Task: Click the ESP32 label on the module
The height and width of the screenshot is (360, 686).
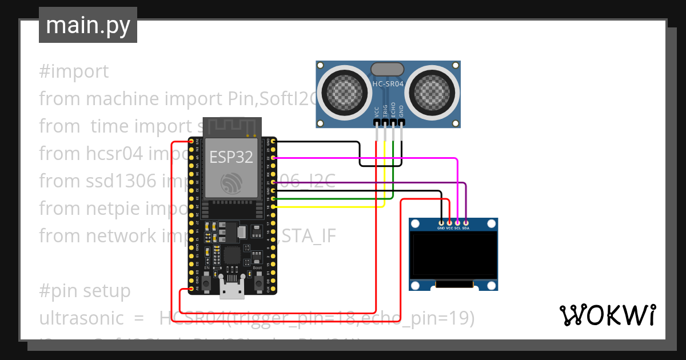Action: point(231,157)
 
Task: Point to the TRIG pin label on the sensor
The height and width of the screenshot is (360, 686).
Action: point(385,110)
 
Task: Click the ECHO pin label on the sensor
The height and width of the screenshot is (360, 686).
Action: point(393,110)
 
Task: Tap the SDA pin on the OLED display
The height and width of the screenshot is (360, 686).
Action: point(466,222)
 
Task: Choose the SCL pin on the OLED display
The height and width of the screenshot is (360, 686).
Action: point(457,222)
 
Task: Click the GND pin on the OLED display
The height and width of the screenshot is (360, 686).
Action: point(441,222)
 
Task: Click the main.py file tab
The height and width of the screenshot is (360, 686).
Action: point(88,25)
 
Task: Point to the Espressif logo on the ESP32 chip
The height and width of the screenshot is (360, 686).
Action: point(231,183)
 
